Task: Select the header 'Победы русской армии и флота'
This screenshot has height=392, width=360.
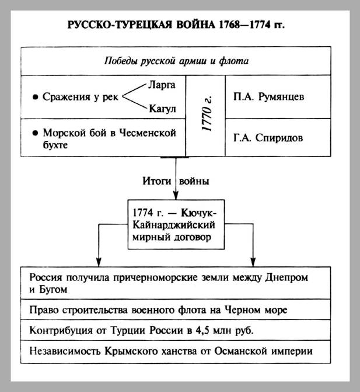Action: (176, 61)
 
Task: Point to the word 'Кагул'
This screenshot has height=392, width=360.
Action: (163, 109)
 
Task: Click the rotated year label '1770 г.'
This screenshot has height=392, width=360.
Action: (205, 116)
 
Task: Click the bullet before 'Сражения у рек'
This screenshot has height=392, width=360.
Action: (36, 97)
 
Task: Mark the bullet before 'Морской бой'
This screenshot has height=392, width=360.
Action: (36, 133)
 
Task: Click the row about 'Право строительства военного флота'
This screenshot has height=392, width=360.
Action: (175, 310)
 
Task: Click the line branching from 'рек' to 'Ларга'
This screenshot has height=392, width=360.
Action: (135, 91)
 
